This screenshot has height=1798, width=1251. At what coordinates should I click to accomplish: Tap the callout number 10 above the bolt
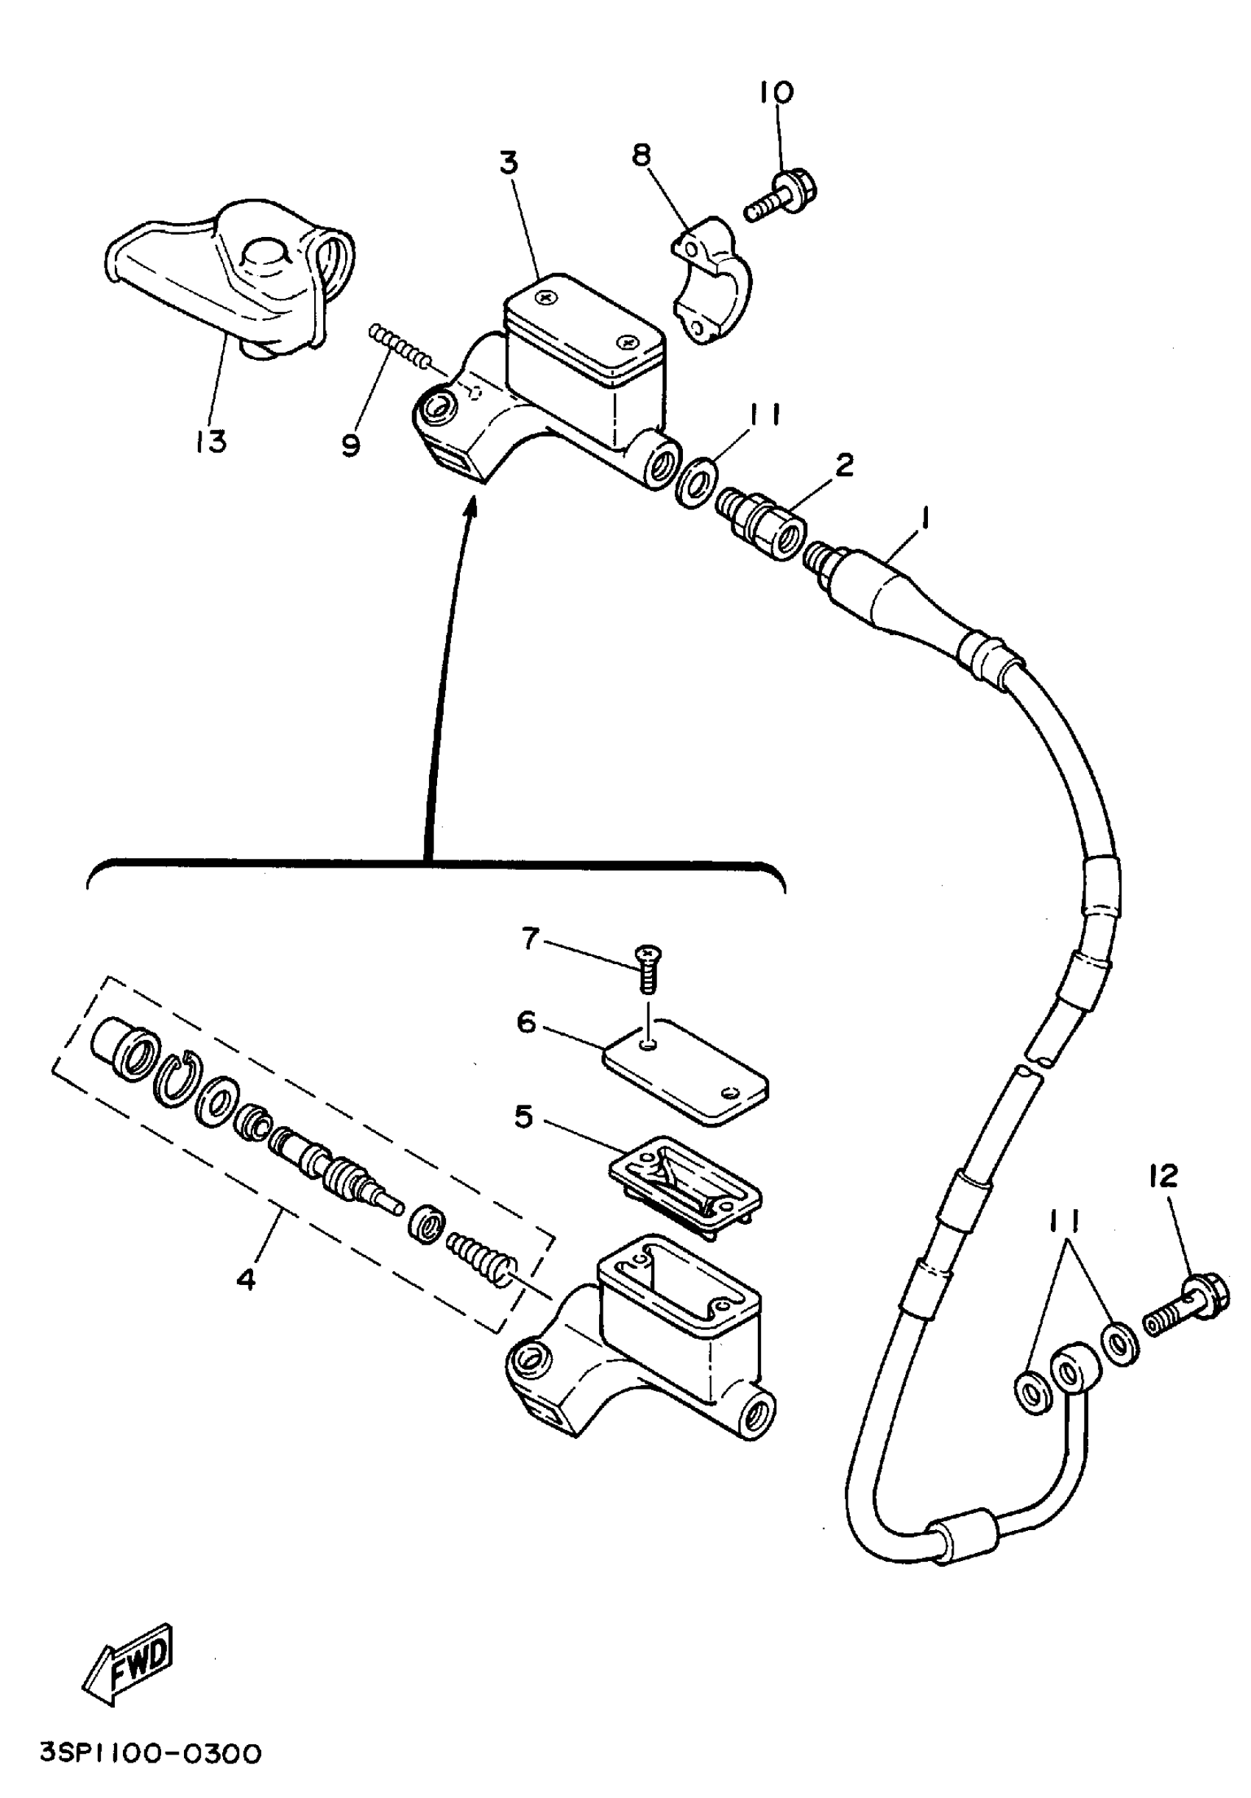click(775, 93)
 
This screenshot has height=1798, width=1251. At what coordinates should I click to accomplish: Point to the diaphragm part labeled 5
click(685, 1183)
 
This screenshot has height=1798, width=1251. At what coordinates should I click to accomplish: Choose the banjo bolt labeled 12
click(1186, 1306)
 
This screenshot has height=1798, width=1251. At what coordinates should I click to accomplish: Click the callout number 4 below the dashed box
click(246, 1281)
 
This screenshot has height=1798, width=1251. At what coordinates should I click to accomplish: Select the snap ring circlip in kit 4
click(179, 1079)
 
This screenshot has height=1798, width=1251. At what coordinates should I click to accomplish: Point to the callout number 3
click(508, 162)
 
